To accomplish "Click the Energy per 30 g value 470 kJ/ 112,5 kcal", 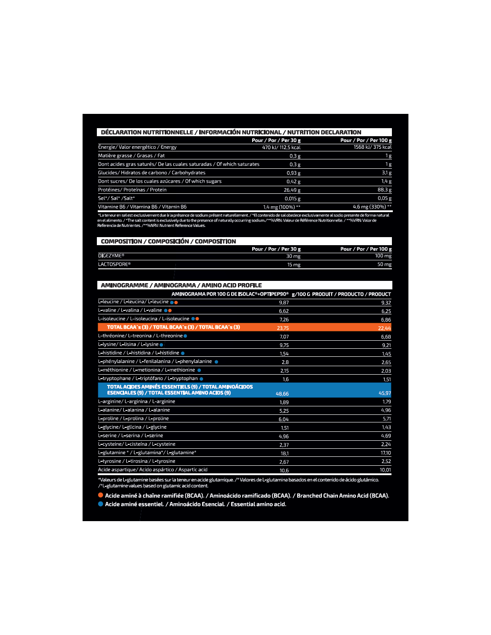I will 281,147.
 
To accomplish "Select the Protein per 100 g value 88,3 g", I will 384,190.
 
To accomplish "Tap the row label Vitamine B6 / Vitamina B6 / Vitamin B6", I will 142,207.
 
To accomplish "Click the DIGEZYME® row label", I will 111,256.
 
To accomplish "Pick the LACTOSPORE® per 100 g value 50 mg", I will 384,264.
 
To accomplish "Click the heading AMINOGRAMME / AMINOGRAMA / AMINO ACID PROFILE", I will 181,285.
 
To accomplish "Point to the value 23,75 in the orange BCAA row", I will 283,328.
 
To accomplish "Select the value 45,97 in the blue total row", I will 384,393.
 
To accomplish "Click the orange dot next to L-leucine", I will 176,302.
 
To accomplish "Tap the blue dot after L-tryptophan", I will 201,379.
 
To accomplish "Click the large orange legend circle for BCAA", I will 101,495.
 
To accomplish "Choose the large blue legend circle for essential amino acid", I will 101,504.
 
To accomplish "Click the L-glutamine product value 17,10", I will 385,453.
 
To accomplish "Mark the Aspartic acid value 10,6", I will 284,470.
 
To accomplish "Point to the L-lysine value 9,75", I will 284,345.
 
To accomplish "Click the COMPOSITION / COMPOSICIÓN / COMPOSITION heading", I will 168,242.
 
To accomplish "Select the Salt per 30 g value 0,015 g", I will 292,199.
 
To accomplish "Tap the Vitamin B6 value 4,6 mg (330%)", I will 371,207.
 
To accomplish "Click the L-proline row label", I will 133,418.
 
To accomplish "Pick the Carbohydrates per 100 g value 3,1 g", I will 387,173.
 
